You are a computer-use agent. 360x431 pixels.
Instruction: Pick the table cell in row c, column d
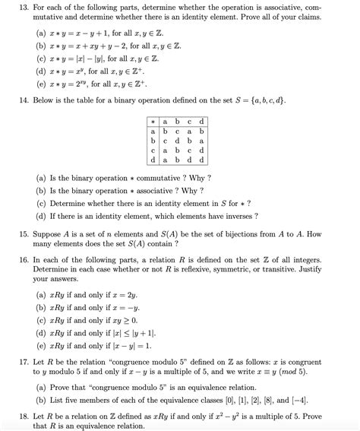click(201, 150)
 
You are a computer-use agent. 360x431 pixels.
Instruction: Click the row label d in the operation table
click(153, 160)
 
